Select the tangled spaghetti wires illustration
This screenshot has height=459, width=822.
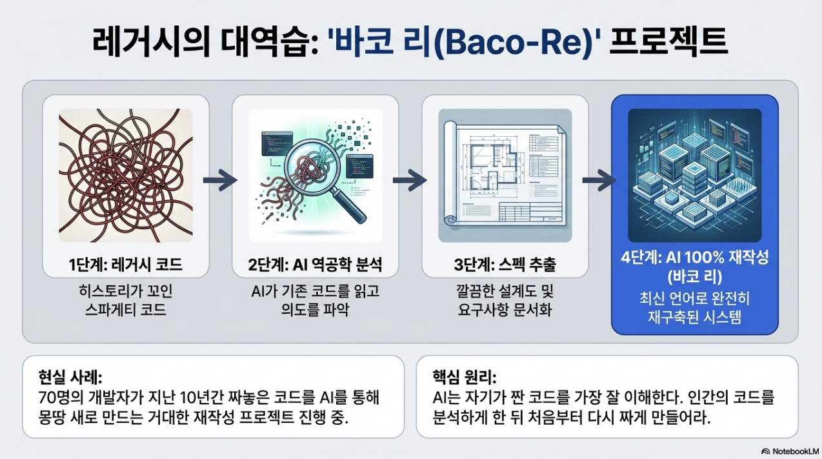coord(126,175)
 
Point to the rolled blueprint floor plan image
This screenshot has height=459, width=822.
coord(505,175)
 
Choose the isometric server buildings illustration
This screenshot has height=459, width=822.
coord(695,175)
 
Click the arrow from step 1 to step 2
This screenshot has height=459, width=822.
coord(220,180)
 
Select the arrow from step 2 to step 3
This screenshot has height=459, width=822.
coord(410,180)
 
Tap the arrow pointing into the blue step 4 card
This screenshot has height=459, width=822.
coord(599,180)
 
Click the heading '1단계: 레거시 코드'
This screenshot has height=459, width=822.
coord(126,265)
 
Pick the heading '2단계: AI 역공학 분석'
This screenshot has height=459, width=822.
coord(316,265)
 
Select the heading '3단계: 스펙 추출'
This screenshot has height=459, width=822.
coord(505,265)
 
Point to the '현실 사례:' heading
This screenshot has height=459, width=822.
coord(70,377)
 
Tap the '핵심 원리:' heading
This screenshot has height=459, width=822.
coord(465,377)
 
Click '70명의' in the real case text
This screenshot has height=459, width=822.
coord(61,398)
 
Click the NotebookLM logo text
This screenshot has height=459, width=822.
coord(796,451)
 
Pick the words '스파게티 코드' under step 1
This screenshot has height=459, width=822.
coord(126,310)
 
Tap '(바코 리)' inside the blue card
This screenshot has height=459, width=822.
coord(695,276)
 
